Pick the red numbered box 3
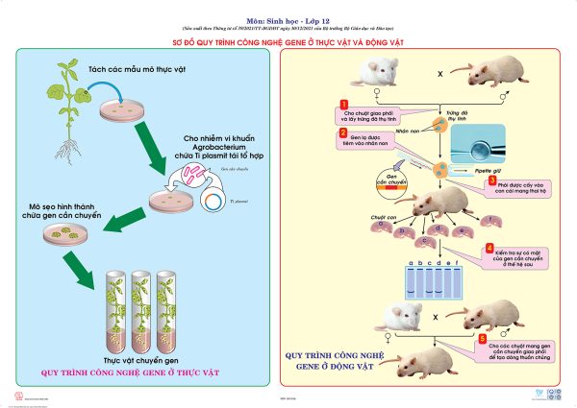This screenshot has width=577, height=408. pos(491,179)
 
